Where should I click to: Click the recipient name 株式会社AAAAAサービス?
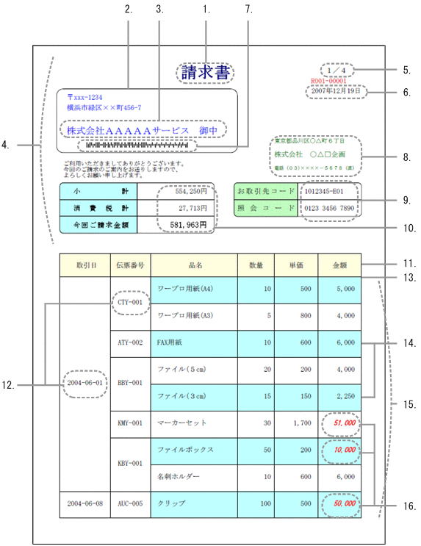129,131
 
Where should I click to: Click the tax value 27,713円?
191,208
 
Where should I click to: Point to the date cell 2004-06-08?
84,504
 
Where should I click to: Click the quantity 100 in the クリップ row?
256,504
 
